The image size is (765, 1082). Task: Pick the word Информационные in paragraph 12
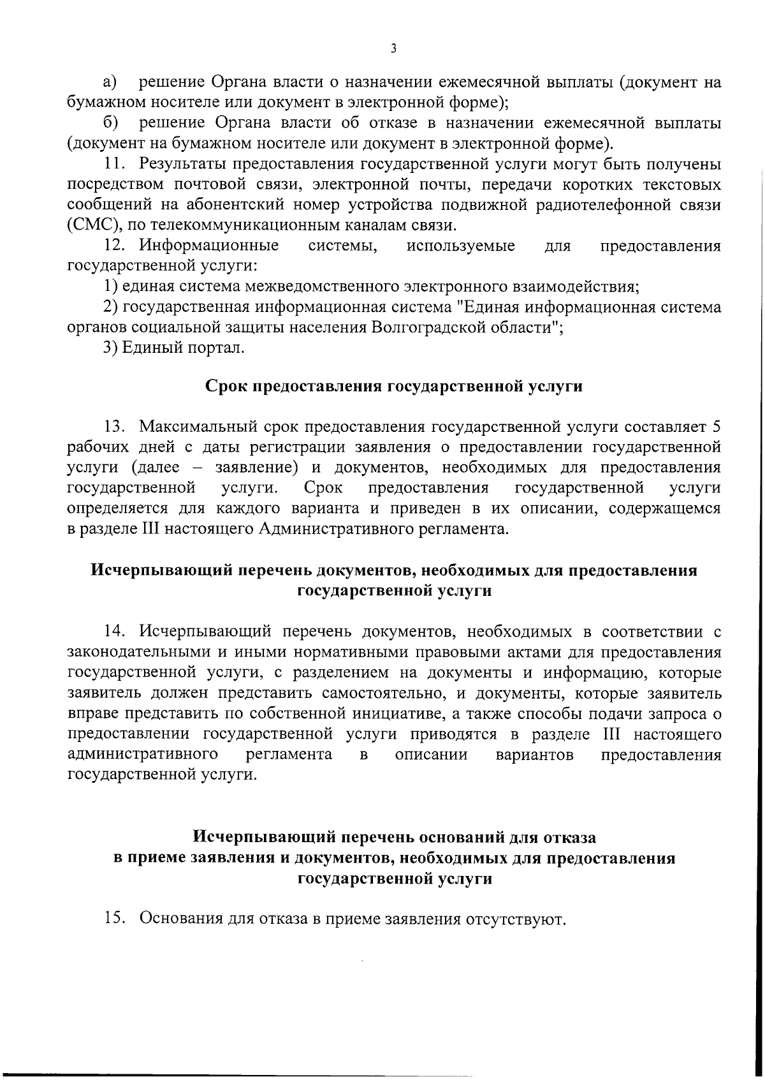(x=209, y=246)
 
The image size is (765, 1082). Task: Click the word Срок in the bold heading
(x=228, y=387)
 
